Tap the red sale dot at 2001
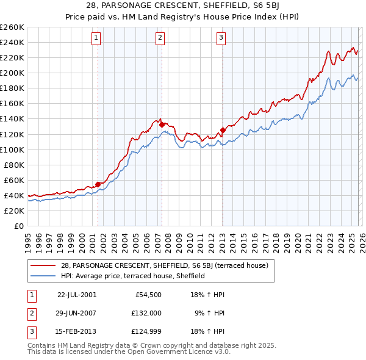pos(98,184)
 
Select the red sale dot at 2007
pos(162,124)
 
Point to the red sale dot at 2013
pos(223,130)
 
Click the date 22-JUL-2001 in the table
pos(77,294)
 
